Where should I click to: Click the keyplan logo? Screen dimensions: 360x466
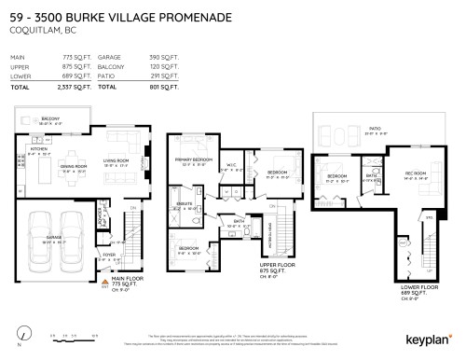click(429, 339)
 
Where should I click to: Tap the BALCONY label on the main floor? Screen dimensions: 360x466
click(50, 119)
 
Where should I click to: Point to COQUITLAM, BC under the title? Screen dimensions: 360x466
click(36, 29)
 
